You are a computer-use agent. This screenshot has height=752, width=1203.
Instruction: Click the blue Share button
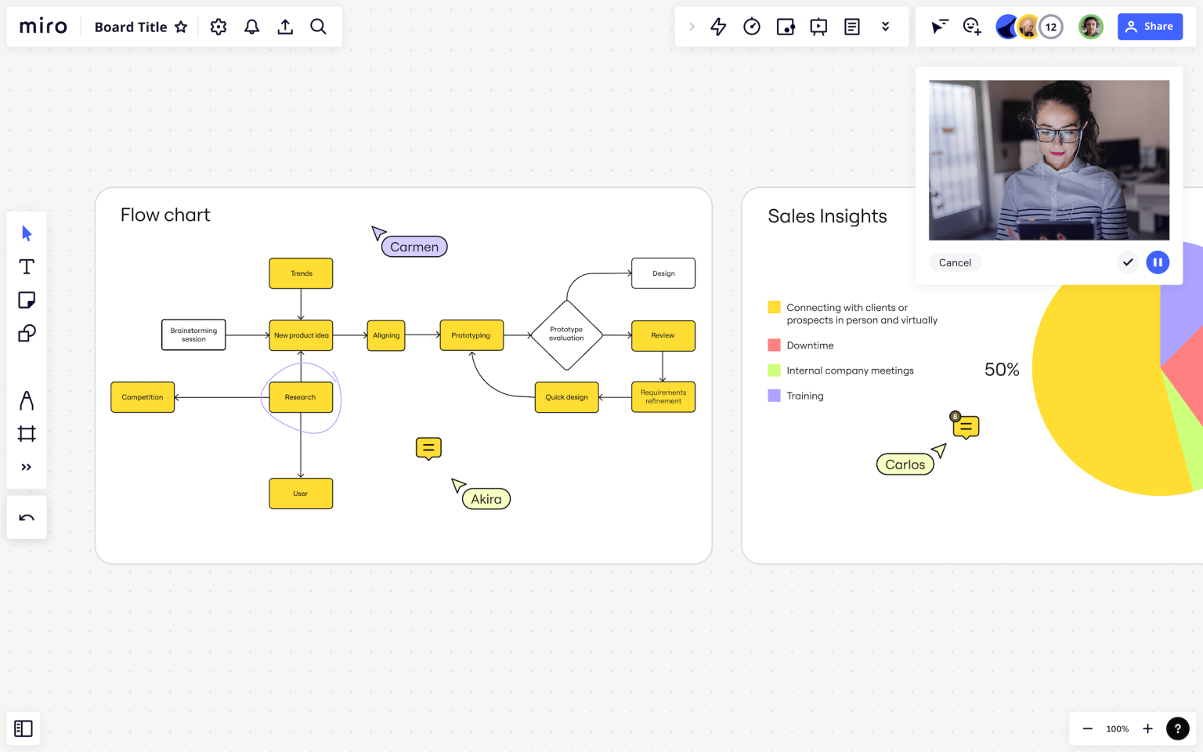[x=1149, y=27]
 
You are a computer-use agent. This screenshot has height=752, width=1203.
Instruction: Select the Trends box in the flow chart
[x=301, y=273]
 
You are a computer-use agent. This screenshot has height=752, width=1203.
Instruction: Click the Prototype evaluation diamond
[x=566, y=334]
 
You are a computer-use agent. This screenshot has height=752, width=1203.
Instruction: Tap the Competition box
[x=143, y=397]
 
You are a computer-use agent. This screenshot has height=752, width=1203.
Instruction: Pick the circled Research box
[x=301, y=397]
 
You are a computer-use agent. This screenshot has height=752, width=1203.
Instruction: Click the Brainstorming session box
[x=193, y=334]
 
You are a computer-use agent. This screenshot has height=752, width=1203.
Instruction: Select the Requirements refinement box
[x=663, y=397]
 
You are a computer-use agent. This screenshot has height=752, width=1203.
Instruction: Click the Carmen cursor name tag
[x=414, y=247]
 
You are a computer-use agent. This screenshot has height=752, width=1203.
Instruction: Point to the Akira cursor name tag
[x=486, y=499]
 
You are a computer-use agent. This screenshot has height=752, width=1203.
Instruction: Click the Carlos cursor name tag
[x=905, y=465]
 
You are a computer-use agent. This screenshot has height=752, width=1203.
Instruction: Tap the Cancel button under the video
[x=955, y=262]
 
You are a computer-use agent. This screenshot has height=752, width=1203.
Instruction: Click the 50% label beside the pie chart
[x=1002, y=370]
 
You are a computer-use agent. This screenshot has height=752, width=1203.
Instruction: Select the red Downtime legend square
[x=774, y=345]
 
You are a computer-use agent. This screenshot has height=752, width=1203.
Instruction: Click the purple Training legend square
[x=774, y=396]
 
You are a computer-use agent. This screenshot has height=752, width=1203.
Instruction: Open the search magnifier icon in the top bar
[x=318, y=27]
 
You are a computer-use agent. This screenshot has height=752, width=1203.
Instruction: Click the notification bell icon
[x=251, y=27]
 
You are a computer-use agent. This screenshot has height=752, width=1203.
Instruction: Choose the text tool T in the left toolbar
[x=27, y=266]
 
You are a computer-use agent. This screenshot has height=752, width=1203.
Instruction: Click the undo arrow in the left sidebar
[x=27, y=517]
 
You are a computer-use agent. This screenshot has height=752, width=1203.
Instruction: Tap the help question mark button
[x=1177, y=728]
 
